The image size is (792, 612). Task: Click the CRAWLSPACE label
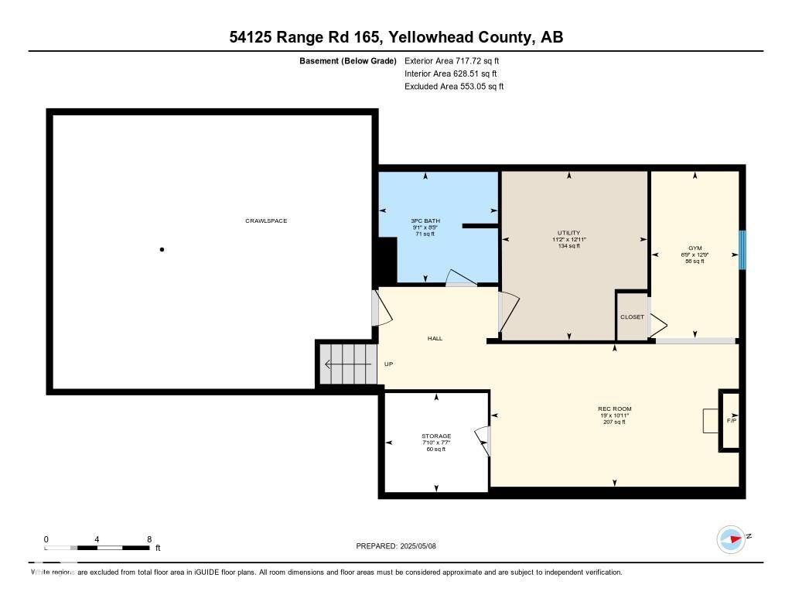coord(266,221)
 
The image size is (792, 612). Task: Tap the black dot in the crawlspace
coord(162,249)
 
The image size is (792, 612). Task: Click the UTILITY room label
coord(568,233)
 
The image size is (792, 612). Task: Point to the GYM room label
coord(694,248)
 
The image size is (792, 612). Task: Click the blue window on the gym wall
coord(742,250)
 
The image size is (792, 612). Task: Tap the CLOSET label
coord(632,317)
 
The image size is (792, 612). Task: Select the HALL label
coord(435,338)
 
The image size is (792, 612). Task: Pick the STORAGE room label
coord(436,436)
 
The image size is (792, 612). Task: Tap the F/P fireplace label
coord(732,421)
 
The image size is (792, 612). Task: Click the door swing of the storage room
coord(483,441)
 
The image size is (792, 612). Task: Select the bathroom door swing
coord(463,278)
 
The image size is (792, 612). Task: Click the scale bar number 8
coord(148,538)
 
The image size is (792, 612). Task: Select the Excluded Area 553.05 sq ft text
coord(454,87)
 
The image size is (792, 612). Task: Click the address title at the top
coord(396,36)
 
